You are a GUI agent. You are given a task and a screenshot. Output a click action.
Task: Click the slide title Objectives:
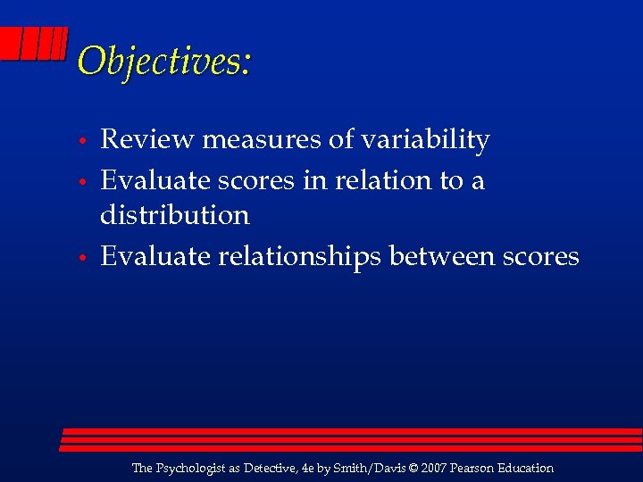click(164, 61)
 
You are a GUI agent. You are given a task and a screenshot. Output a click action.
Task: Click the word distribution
click(174, 215)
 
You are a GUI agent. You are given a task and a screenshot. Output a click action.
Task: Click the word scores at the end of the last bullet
click(540, 257)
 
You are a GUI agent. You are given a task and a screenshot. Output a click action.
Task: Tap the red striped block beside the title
click(33, 44)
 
